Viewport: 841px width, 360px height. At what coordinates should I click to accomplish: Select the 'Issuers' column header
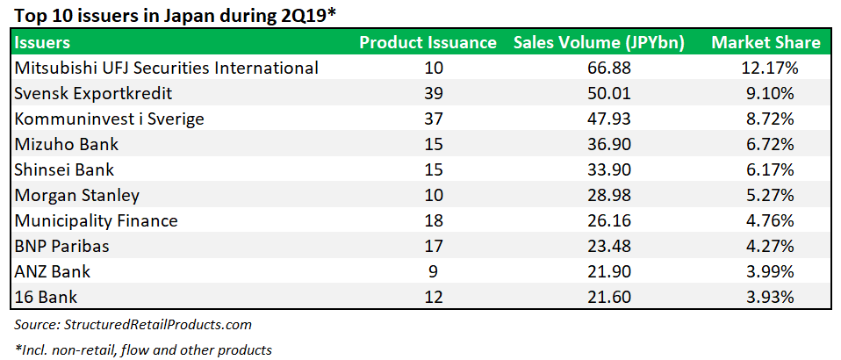[x=43, y=42]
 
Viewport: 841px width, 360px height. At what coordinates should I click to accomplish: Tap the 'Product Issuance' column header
[x=428, y=42]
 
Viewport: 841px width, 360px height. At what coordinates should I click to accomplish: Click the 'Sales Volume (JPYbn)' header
[x=599, y=42]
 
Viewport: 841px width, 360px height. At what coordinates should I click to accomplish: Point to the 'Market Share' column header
[x=766, y=42]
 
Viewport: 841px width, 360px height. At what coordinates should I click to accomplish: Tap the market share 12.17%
[x=767, y=68]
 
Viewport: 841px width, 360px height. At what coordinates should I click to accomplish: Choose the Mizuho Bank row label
[x=67, y=144]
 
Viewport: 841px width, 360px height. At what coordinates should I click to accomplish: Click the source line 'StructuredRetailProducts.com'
[x=133, y=325]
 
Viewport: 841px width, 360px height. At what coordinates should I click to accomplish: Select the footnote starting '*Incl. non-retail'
[x=144, y=349]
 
